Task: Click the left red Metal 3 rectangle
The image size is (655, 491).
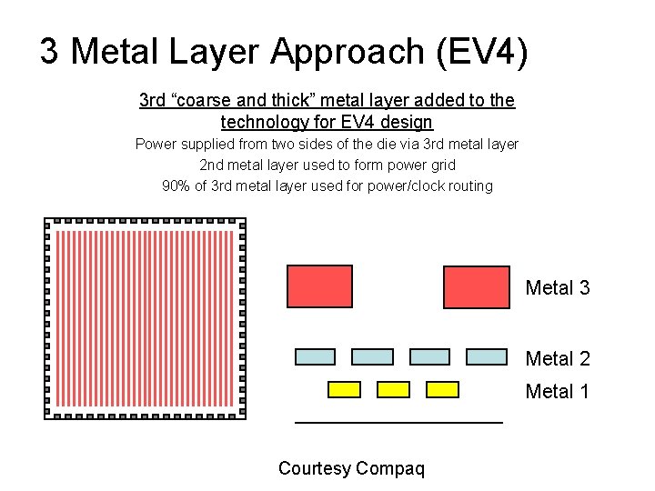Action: (x=319, y=286)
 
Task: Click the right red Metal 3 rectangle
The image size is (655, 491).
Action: (x=476, y=286)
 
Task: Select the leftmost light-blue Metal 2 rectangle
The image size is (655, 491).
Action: (x=316, y=357)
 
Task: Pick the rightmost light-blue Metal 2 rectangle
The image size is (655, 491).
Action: (x=486, y=357)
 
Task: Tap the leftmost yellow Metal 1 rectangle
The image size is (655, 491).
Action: (x=344, y=389)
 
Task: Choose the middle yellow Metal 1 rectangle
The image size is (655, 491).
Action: (x=393, y=389)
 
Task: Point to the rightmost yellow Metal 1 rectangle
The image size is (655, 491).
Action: (x=442, y=389)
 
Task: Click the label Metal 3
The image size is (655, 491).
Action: (x=558, y=288)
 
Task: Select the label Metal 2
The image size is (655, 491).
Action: (x=558, y=359)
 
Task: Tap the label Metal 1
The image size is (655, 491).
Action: (x=558, y=392)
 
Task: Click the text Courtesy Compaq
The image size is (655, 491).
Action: (x=351, y=468)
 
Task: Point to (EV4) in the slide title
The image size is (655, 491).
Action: (x=480, y=52)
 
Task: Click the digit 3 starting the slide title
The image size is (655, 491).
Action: (x=50, y=52)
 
